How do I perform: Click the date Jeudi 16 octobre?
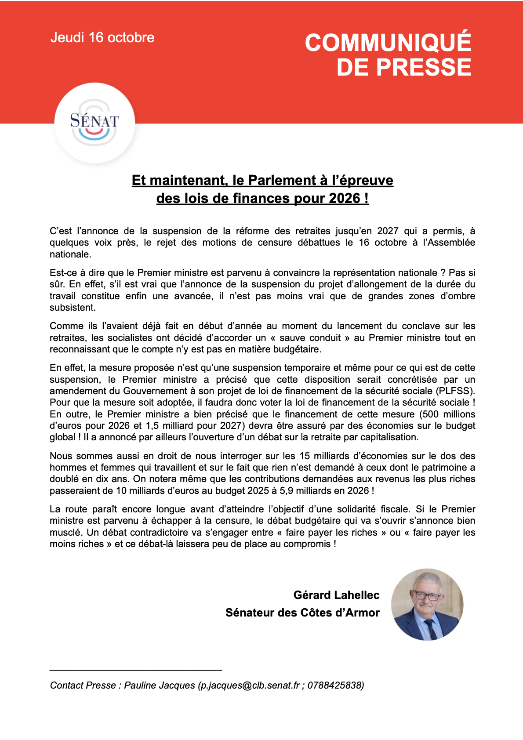tap(102, 38)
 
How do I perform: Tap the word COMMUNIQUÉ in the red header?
tap(388, 43)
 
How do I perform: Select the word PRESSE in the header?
tap(424, 68)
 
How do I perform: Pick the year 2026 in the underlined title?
tap(345, 199)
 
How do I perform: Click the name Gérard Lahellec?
tap(336, 595)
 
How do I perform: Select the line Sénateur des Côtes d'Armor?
tap(302, 613)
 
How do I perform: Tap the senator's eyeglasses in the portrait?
tap(426, 596)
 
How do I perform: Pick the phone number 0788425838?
tap(334, 686)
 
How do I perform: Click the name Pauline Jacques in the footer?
tap(160, 686)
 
